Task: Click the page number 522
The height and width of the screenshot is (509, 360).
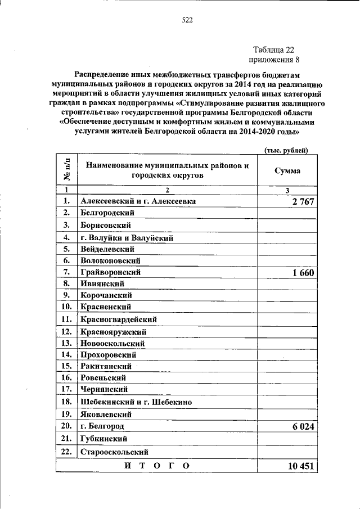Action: click(x=187, y=20)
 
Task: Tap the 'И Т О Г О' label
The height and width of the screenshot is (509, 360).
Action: click(x=156, y=466)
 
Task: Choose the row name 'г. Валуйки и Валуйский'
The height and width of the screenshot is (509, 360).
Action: click(x=127, y=237)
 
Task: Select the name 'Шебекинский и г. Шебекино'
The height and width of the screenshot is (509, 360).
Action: click(x=136, y=402)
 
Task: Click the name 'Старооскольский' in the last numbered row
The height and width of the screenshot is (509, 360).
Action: click(x=114, y=452)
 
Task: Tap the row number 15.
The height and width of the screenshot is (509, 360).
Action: click(x=66, y=366)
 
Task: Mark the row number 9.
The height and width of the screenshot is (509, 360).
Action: click(x=66, y=295)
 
